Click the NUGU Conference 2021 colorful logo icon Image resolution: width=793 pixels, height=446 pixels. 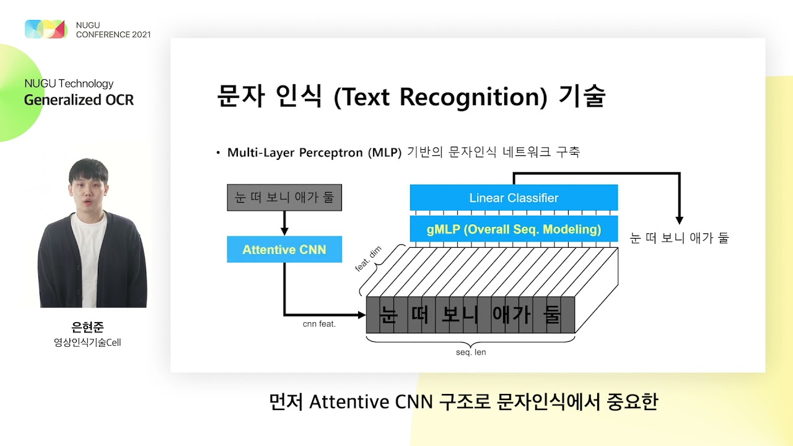point(46,29)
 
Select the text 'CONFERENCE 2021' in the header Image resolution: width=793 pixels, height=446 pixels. point(113,35)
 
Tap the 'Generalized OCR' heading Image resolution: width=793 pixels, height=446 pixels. point(79,100)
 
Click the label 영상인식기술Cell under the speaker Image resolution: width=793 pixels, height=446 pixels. point(87,342)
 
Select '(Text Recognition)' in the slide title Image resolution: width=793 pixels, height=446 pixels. point(440,97)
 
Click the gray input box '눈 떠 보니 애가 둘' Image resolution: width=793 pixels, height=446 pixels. point(284,198)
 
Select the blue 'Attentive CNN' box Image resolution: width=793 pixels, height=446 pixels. point(284,250)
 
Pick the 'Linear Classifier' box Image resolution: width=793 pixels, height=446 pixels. point(514,198)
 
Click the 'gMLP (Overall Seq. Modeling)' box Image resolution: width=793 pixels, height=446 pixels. point(514,229)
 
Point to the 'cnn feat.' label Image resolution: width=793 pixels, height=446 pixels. point(319,324)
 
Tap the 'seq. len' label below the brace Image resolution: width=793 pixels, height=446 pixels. point(471,352)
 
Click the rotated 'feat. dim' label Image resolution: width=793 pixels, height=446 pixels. point(368,259)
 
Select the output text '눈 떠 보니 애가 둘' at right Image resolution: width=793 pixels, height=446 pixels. point(679,238)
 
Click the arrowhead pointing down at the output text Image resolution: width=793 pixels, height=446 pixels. point(679,220)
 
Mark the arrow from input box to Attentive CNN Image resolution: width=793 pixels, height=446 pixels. point(284,223)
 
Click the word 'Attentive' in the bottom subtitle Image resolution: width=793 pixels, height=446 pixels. point(348,403)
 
